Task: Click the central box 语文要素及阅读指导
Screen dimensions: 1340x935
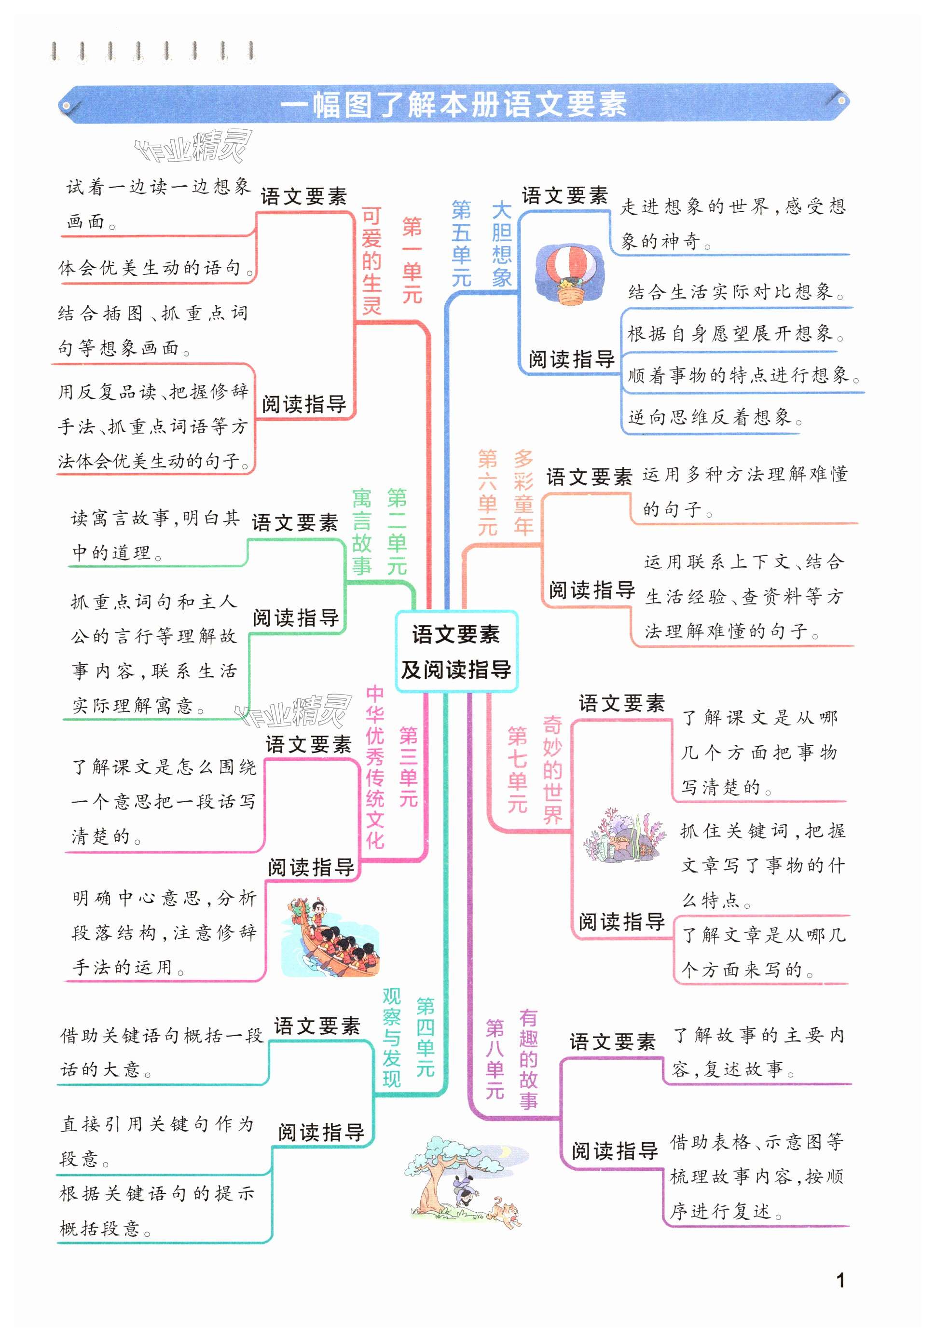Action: click(455, 651)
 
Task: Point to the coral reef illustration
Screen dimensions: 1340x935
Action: click(623, 835)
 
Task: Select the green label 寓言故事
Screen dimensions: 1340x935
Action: click(361, 532)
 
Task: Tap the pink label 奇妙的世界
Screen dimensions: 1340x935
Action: click(552, 769)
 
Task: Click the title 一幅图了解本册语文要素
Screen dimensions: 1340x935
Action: click(454, 104)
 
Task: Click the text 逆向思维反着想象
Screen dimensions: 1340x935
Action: click(715, 417)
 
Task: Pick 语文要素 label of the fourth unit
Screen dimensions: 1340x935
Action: click(317, 1026)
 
